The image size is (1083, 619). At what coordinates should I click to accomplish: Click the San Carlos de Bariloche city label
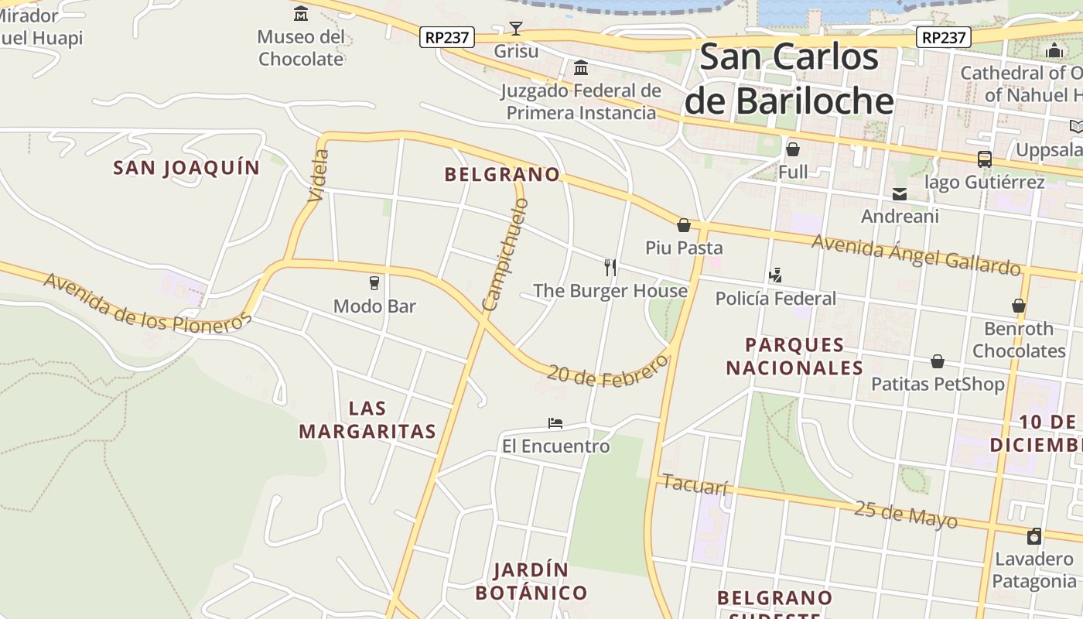(789, 79)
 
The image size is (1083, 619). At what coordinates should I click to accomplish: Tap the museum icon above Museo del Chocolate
(301, 13)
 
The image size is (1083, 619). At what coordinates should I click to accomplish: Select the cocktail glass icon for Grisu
(516, 29)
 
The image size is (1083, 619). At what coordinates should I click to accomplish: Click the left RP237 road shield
(447, 37)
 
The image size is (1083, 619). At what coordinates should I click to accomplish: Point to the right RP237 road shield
(944, 37)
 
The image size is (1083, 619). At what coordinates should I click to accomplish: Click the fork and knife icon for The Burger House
(610, 268)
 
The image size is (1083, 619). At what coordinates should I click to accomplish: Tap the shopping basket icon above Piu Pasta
(683, 225)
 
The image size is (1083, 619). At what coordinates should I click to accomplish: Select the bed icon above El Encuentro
(555, 423)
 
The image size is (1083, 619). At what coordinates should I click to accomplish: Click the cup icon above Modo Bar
(374, 283)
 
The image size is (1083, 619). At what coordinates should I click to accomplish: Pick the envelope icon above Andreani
(900, 193)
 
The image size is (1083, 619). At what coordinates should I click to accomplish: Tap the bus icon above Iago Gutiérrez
(984, 159)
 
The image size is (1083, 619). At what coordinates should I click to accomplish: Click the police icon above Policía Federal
(775, 275)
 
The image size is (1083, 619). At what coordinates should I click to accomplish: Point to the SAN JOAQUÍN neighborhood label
(186, 168)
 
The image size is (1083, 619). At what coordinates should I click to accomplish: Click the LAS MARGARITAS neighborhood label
(367, 420)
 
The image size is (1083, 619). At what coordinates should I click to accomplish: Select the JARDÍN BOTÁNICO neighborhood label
(531, 582)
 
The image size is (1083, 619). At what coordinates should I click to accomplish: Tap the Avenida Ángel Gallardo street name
(916, 255)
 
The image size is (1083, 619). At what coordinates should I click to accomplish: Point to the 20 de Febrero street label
(607, 370)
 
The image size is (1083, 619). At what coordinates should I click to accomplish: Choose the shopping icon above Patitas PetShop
(938, 361)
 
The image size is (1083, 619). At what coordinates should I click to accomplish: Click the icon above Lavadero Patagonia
(1034, 536)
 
